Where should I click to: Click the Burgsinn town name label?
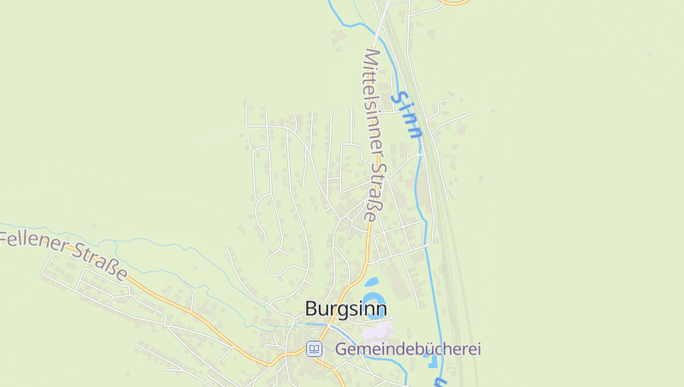click(x=345, y=309)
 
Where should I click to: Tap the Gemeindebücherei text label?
click(x=408, y=348)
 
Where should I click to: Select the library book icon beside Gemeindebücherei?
click(x=315, y=348)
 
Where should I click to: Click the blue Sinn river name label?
click(x=407, y=114)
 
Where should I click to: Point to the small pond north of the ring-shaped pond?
click(x=371, y=281)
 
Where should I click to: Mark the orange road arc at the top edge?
click(x=455, y=3)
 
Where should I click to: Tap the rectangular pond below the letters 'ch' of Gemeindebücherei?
click(x=429, y=364)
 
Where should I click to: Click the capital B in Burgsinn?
click(x=311, y=309)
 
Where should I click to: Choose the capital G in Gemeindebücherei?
click(x=341, y=348)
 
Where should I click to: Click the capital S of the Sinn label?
click(x=399, y=97)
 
